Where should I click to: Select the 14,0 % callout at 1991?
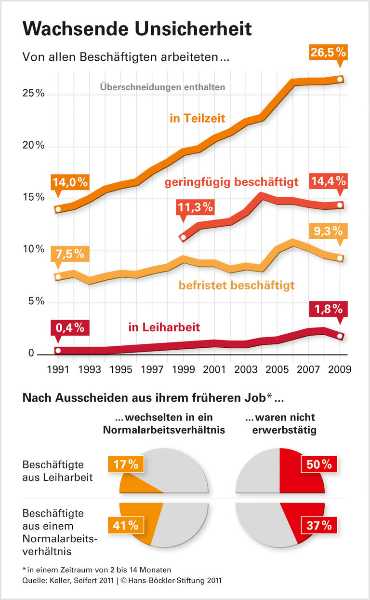tap(70, 182)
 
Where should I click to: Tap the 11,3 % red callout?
tap(195, 207)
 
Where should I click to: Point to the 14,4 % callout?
tap(329, 181)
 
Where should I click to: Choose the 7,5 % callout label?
tap(70, 253)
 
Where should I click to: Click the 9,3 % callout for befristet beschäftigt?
tap(328, 231)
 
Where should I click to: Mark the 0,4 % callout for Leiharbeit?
tap(70, 328)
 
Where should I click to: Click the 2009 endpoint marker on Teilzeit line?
tap(340, 79)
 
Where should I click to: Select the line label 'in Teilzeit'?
tap(197, 118)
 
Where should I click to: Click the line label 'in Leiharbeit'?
tap(164, 327)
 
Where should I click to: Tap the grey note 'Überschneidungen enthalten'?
tap(162, 87)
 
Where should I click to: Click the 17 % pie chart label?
tap(126, 464)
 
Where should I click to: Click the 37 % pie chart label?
tap(319, 525)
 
